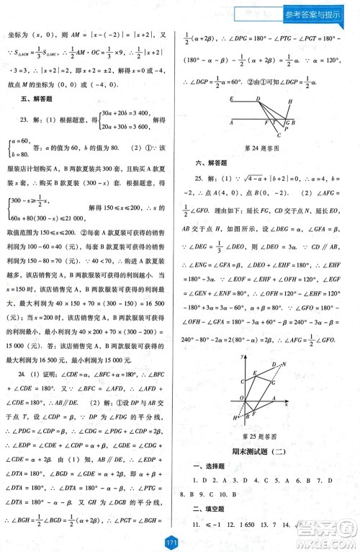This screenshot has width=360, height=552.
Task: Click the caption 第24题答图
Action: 266,148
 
